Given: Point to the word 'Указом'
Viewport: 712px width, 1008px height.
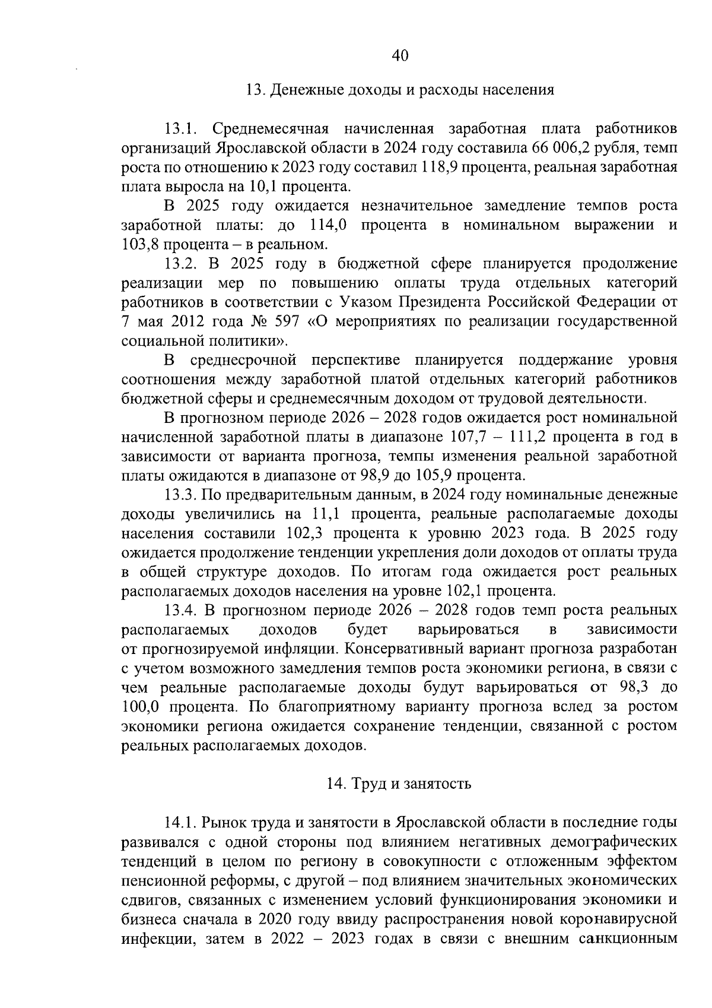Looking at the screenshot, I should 365,302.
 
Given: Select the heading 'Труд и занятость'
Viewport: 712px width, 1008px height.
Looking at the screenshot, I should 399,783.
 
